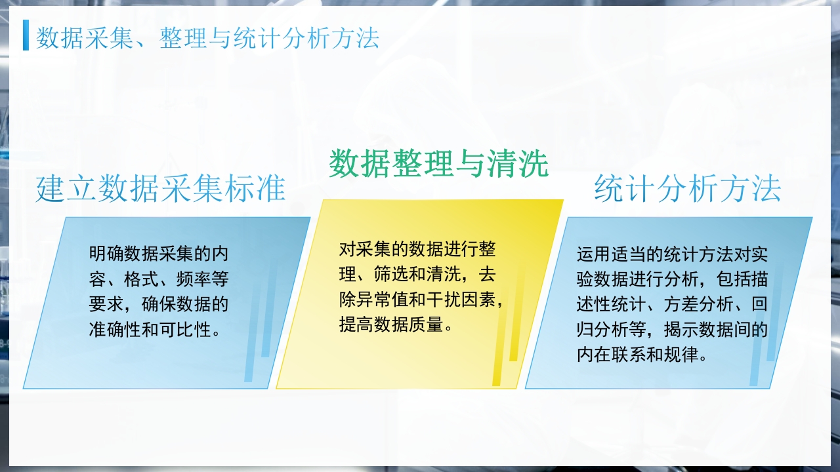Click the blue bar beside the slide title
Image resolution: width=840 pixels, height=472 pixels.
tap(26, 35)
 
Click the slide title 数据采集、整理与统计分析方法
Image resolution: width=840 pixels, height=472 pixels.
tap(207, 38)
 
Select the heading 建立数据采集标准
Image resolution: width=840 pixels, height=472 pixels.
tap(161, 189)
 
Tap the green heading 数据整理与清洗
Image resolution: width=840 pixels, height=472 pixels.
tap(438, 163)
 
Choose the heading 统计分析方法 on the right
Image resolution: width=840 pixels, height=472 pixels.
tap(687, 189)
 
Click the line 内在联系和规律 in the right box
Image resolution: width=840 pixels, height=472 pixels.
tap(633, 355)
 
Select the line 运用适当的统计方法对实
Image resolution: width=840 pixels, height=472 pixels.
tap(672, 254)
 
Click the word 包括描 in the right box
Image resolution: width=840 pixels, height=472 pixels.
tap(742, 279)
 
